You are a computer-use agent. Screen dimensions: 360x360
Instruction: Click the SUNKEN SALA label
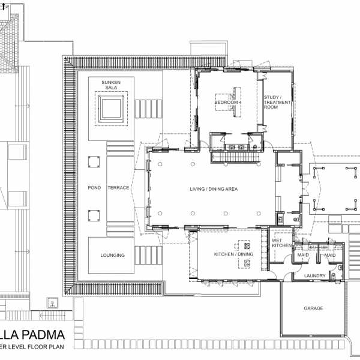(111, 84)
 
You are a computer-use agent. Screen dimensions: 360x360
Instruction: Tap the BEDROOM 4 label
(227, 103)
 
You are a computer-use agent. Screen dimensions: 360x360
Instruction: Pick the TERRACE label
(118, 188)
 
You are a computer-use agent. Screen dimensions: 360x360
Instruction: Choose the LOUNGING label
(113, 256)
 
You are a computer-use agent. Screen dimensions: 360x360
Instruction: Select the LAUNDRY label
(314, 276)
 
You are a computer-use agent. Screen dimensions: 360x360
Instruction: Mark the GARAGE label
(313, 308)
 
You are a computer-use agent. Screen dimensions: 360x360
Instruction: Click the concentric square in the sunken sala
(112, 109)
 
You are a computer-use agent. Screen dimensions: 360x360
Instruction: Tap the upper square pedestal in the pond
(93, 163)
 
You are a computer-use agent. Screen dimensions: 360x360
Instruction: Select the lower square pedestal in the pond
(93, 215)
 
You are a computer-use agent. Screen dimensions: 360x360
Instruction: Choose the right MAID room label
(330, 256)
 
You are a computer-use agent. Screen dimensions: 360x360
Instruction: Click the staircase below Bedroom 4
(235, 157)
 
